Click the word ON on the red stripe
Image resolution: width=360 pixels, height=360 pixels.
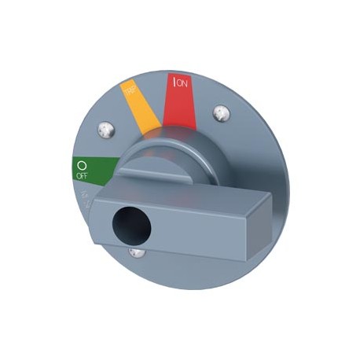click(183, 80)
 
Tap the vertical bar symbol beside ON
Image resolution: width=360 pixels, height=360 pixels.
click(174, 82)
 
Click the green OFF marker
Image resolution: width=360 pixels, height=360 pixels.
click(91, 167)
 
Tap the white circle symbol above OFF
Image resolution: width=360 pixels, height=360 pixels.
click(80, 166)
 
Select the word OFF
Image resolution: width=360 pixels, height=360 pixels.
click(81, 177)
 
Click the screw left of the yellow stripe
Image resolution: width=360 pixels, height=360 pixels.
click(105, 127)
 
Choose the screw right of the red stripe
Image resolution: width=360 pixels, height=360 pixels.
click(224, 114)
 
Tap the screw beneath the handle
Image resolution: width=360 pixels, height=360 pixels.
click(138, 252)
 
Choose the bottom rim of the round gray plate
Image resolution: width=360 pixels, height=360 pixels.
click(189, 288)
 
